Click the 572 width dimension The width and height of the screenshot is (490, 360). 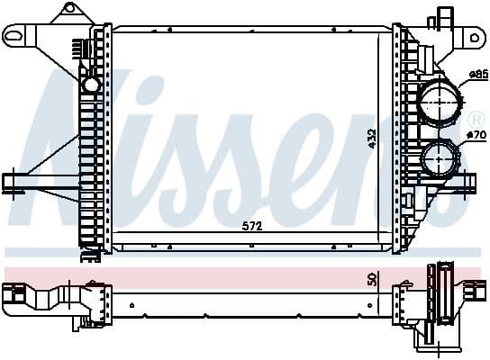[253, 226]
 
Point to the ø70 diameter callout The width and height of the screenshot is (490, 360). [477, 136]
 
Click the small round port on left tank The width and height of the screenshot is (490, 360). [91, 85]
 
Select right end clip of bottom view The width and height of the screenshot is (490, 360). [471, 293]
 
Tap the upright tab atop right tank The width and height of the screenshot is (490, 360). [442, 16]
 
